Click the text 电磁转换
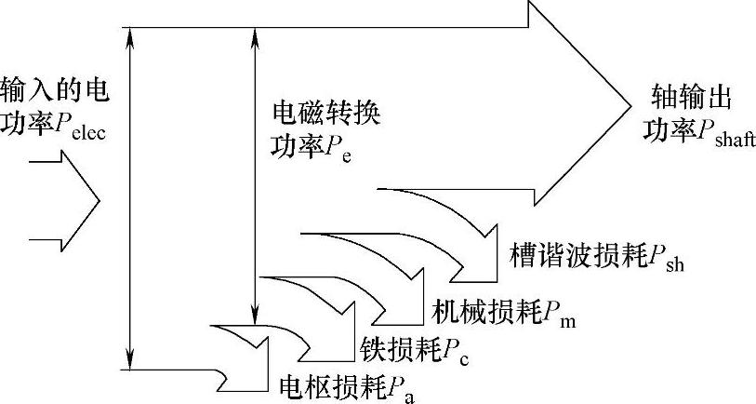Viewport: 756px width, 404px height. tap(325, 114)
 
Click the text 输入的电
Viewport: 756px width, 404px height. tap(54, 93)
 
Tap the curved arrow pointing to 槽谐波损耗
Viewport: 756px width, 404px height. tap(456, 228)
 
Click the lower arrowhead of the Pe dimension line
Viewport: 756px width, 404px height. tap(254, 314)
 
